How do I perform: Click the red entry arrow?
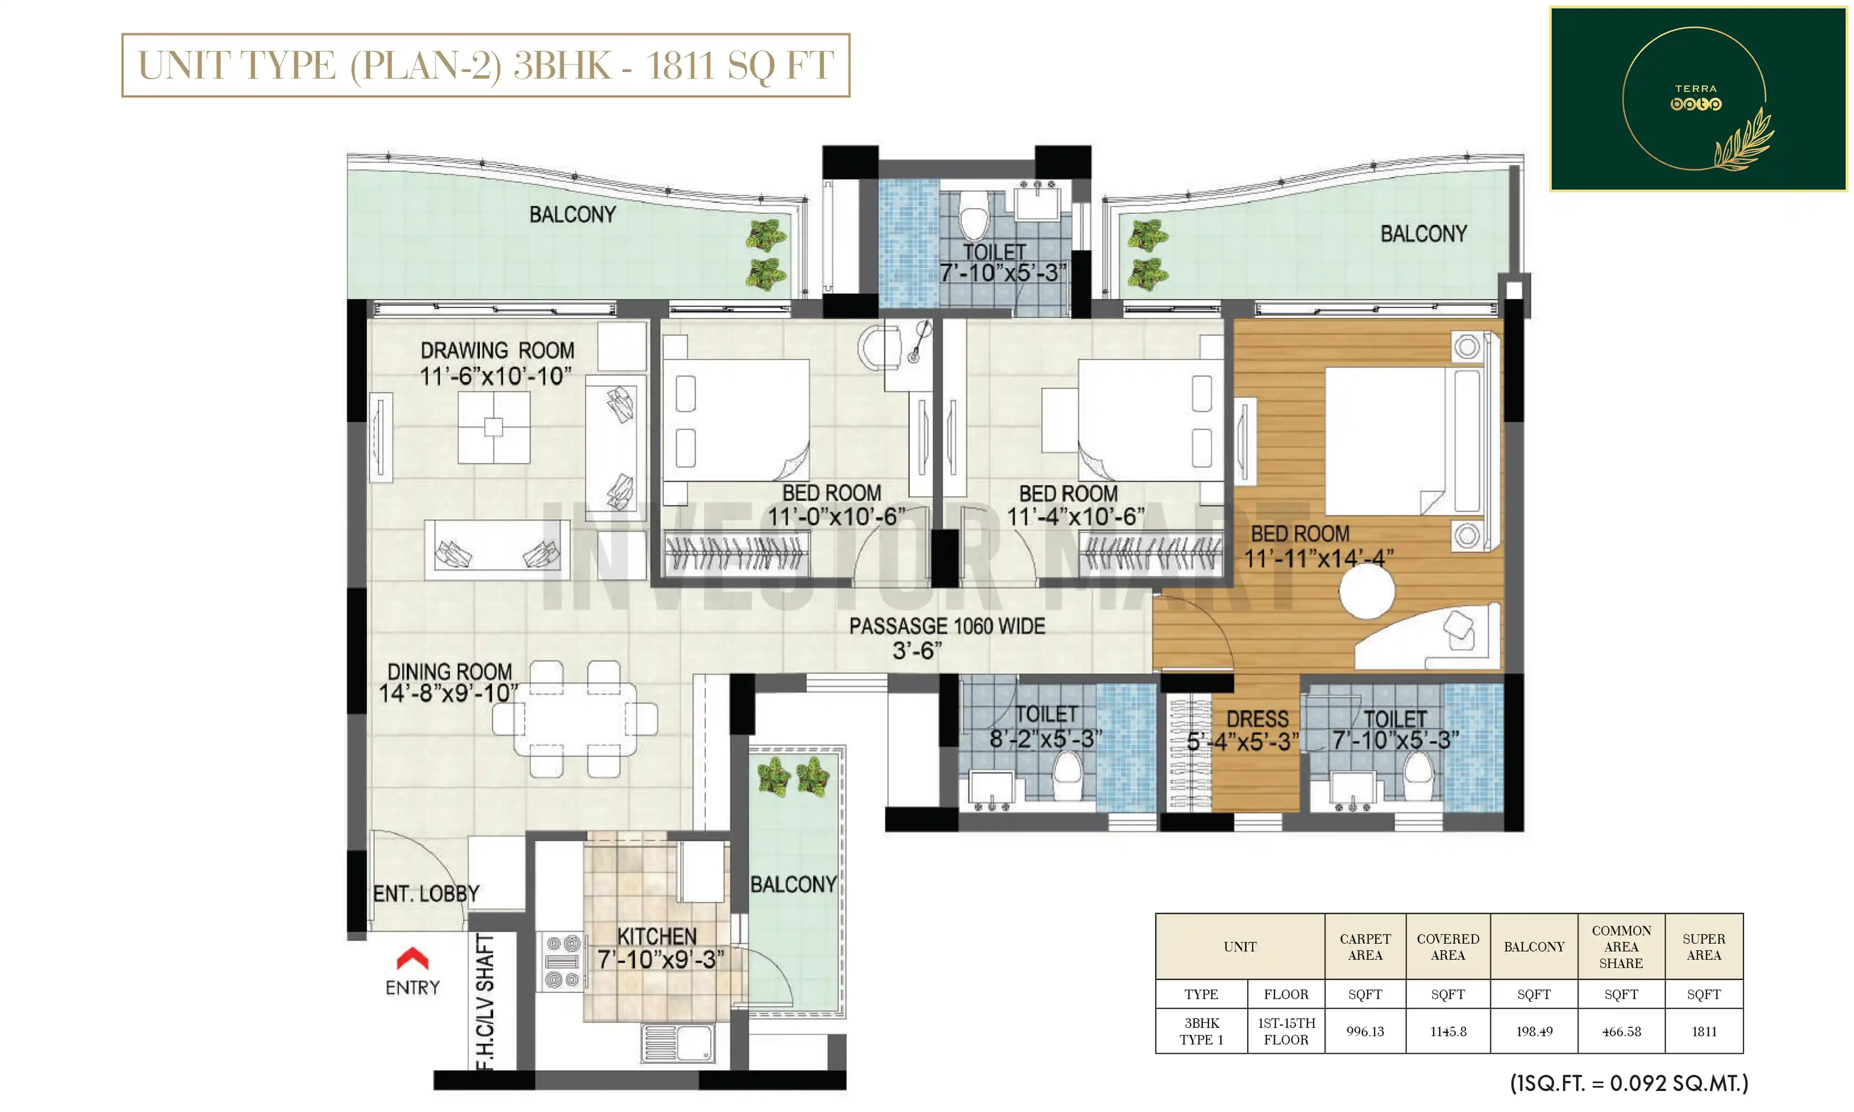tap(412, 958)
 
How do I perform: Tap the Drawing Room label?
tap(498, 351)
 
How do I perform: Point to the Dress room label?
tap(1257, 720)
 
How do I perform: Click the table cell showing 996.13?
tap(1365, 1031)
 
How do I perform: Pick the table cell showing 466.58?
tap(1621, 1031)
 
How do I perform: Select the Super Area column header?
tap(1703, 947)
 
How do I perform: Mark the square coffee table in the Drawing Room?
tap(493, 427)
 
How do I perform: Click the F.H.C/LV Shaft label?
tap(485, 1000)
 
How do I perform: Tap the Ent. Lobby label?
tap(425, 893)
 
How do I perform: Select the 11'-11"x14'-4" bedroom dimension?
tap(1319, 558)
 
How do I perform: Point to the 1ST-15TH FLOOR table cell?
tap(1286, 1031)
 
